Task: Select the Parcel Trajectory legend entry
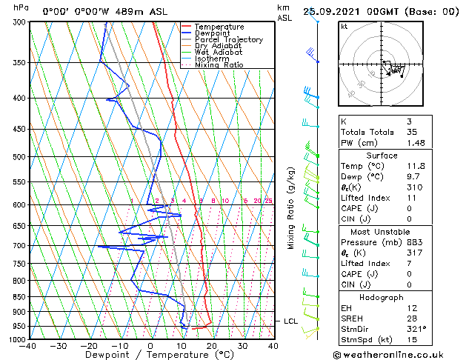228,39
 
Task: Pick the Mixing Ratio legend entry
219,65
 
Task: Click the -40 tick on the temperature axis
28,346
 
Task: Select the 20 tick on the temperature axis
212,346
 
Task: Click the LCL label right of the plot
290,321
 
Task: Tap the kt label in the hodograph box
344,26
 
